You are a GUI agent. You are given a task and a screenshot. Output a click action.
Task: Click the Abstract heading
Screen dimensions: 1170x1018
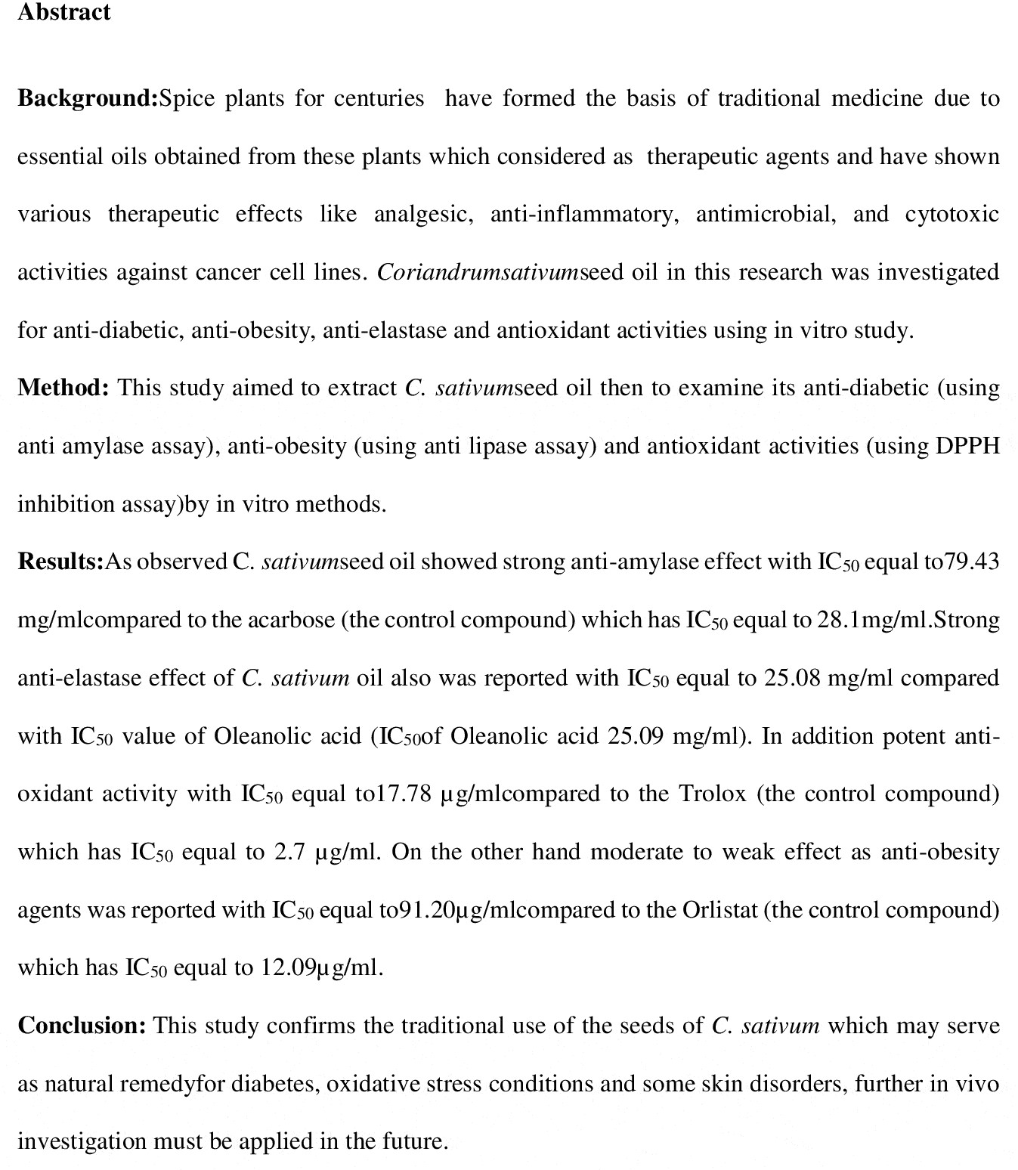pos(64,13)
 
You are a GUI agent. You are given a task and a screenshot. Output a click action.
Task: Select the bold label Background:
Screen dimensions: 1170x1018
pos(88,98)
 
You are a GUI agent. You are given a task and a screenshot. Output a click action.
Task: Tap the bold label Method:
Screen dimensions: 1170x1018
pos(63,388)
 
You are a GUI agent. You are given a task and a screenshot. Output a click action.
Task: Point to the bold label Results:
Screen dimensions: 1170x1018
pos(60,562)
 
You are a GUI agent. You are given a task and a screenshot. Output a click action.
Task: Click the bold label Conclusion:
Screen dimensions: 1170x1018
pos(82,1026)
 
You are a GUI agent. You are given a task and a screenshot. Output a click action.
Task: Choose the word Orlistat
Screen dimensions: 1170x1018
pos(719,909)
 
